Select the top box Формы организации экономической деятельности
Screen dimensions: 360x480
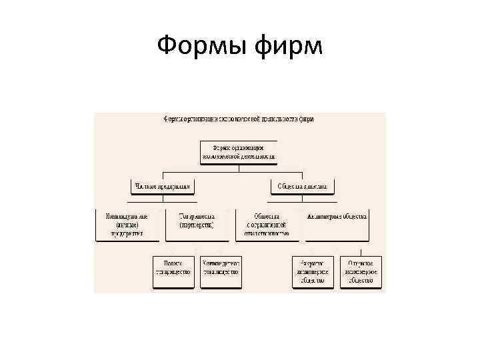(x=239, y=153)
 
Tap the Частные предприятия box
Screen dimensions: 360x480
(x=163, y=187)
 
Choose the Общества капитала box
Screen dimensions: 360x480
(x=301, y=187)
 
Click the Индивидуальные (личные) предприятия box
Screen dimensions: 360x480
(x=127, y=225)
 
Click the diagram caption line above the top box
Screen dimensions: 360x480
(x=239, y=119)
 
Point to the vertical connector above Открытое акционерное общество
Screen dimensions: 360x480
(x=361, y=251)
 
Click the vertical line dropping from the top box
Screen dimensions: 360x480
(x=239, y=167)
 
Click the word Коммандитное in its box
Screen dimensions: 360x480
(x=220, y=263)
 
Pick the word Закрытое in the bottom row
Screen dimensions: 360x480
(x=313, y=263)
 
